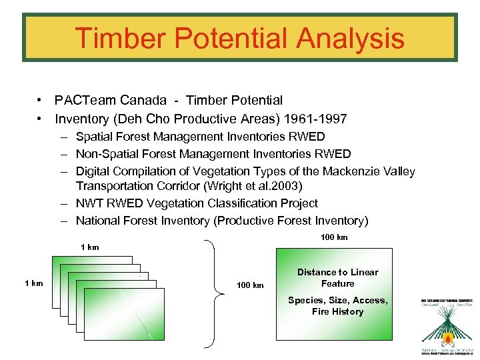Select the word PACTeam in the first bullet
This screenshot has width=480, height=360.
pos(85,101)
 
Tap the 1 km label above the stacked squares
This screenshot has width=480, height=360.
pos(89,247)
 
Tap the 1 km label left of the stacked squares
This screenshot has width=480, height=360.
pos(33,283)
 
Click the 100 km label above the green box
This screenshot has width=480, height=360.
pos(334,237)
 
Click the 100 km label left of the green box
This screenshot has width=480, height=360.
pos(250,285)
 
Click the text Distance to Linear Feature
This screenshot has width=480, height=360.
pos(337,278)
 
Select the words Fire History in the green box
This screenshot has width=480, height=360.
pos(337,311)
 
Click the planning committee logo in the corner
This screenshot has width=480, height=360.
pos(445,327)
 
